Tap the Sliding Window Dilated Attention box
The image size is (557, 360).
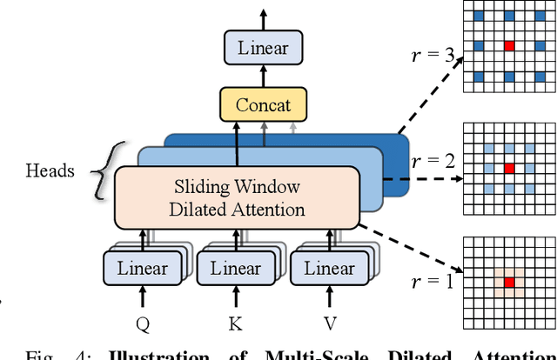coord(238,197)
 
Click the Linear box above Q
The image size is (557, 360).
coord(142,268)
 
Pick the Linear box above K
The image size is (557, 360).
coord(235,268)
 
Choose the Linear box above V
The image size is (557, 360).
coord(328,268)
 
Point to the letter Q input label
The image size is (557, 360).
coord(143,323)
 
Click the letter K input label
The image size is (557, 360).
coord(236,323)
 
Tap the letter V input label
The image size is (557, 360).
coord(329,323)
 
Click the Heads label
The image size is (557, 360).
coord(50,171)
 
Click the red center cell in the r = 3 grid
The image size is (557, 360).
coord(510,44)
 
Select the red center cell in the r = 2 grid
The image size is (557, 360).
coord(510,167)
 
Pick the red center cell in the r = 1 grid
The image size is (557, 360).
coord(510,282)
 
